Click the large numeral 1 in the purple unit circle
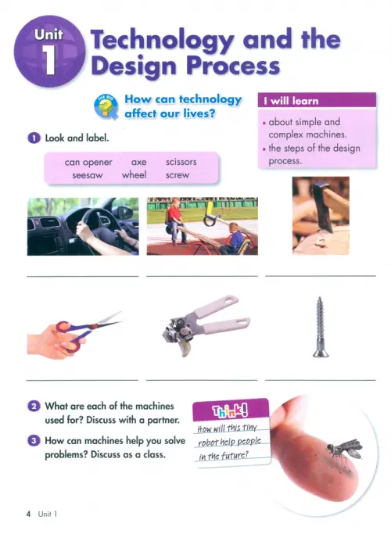[50, 59]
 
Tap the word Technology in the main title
[163, 40]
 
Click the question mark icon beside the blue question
[106, 107]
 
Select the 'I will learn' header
[317, 100]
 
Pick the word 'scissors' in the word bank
[181, 162]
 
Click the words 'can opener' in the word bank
[88, 163]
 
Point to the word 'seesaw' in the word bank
[87, 175]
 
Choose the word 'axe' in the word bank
[139, 162]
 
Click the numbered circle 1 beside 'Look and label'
[34, 138]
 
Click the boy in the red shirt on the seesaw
[174, 220]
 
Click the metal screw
[320, 327]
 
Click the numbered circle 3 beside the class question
[34, 441]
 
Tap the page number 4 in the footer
[28, 514]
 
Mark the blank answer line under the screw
[320, 380]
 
